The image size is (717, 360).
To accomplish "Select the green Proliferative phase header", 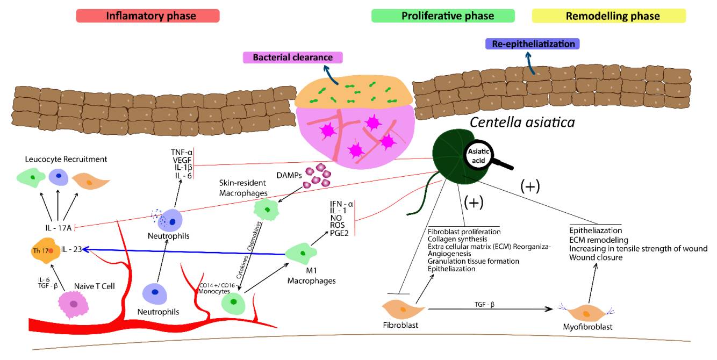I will click(x=448, y=16).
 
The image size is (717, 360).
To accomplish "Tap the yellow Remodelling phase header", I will click(x=612, y=16).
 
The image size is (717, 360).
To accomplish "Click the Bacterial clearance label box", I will click(x=293, y=57).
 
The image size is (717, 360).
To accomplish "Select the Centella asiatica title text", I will click(x=522, y=123).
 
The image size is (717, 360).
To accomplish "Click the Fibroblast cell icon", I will click(x=403, y=309).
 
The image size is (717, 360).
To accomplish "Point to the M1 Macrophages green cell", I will click(x=303, y=253).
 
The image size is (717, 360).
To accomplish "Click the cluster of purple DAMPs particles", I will click(x=318, y=176).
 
